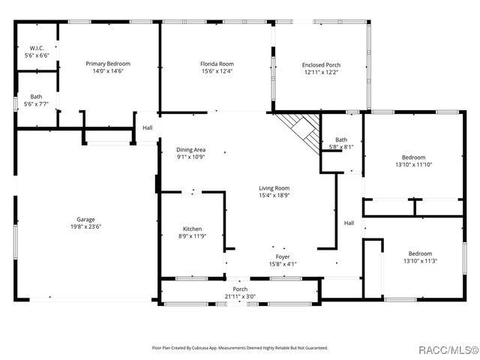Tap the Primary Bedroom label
click(108, 64)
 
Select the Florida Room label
click(217, 64)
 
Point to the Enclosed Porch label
click(321, 65)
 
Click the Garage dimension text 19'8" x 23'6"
click(85, 226)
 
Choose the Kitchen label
click(193, 229)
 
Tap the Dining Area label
click(190, 150)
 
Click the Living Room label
click(274, 188)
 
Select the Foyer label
click(282, 256)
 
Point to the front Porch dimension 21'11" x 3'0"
click(240, 296)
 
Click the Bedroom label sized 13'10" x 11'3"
click(419, 253)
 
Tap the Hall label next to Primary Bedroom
click(147, 128)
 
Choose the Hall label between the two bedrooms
click(349, 223)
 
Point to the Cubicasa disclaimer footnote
click(240, 348)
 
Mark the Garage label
click(85, 219)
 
